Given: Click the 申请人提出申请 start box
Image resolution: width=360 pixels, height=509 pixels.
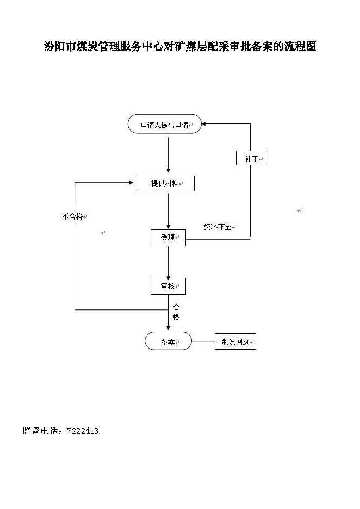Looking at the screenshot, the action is (x=165, y=123).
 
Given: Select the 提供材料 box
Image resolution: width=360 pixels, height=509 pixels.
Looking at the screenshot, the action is (x=165, y=183).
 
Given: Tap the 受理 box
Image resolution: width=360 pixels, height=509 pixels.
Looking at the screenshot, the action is (x=168, y=238).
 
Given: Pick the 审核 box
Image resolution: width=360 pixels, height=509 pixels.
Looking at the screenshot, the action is (x=168, y=286).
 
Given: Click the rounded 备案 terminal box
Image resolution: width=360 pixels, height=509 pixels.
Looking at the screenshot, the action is (x=168, y=341).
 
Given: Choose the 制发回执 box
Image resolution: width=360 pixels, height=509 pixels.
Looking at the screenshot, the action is (x=235, y=342).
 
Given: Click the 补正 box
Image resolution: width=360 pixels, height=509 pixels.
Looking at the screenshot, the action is (x=252, y=158).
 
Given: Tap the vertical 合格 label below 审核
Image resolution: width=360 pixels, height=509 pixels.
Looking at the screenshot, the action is (x=176, y=312).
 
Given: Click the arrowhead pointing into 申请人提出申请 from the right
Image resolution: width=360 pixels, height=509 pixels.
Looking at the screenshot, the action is (x=204, y=123).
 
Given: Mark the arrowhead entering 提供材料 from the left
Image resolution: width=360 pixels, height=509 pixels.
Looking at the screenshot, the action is (x=131, y=183).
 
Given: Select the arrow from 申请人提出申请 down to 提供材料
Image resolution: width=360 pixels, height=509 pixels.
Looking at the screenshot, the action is (x=168, y=155).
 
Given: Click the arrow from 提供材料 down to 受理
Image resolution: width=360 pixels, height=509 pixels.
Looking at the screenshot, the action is (x=168, y=212).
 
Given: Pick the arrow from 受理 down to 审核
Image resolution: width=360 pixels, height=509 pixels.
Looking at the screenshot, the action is (x=168, y=263).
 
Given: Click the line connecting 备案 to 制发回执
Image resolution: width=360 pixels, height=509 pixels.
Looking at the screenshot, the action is (x=203, y=342).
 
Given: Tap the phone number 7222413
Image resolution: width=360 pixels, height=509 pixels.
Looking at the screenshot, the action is (x=83, y=431).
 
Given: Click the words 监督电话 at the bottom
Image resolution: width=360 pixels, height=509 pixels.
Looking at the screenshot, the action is (x=38, y=431).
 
